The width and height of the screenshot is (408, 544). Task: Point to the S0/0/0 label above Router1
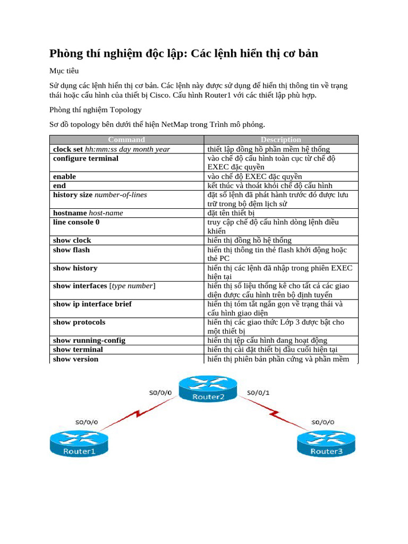87,422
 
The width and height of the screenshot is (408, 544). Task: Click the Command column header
126,140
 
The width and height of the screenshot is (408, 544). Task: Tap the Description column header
281,140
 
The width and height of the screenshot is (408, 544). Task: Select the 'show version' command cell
75,359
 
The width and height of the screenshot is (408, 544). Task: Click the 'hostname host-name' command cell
88,212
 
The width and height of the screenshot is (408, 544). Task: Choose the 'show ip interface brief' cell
92,304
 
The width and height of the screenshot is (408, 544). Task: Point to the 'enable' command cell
64,176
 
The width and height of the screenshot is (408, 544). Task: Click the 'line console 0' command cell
76,222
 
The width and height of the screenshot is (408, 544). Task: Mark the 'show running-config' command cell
89,340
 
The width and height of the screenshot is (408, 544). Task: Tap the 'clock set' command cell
111,149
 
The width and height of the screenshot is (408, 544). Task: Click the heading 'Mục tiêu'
64,70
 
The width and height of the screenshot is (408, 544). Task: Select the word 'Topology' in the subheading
125,109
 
